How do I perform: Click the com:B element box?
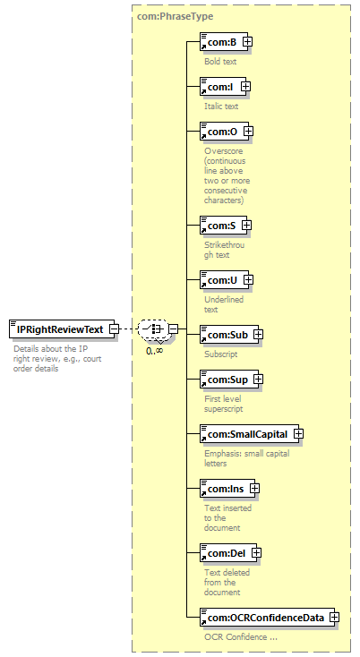point(224,42)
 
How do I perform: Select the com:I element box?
point(223,87)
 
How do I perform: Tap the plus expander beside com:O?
point(249,132)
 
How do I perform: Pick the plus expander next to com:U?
point(249,280)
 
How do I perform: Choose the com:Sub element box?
point(229,335)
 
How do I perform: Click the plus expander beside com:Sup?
point(258,380)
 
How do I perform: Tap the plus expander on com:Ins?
point(255,489)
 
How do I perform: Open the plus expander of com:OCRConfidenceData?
point(334,618)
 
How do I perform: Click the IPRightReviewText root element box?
point(62,329)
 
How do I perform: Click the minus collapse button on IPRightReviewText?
point(114,329)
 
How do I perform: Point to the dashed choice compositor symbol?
point(154,328)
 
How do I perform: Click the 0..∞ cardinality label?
point(154,350)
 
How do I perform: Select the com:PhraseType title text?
point(176,16)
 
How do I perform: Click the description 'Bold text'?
point(220,62)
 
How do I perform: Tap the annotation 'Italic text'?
point(221,107)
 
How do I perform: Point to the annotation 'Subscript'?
point(221,354)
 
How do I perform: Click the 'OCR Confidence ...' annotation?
point(241,637)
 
